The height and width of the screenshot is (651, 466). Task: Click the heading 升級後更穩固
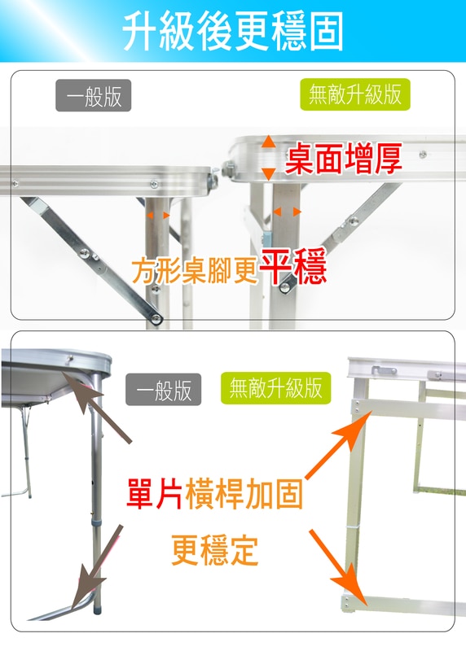pyautogui.click(x=233, y=32)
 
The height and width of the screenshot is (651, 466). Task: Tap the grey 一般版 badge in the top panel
pyautogui.click(x=94, y=95)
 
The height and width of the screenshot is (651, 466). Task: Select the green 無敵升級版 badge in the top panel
pyautogui.click(x=355, y=94)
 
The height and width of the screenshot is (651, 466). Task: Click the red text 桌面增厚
pyautogui.click(x=343, y=158)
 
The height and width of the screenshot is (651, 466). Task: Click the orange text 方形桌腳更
pyautogui.click(x=195, y=271)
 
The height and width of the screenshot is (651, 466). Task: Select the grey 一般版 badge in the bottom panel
pyautogui.click(x=164, y=390)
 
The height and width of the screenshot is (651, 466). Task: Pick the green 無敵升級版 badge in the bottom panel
pyautogui.click(x=275, y=388)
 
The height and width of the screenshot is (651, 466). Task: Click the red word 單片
pyautogui.click(x=155, y=494)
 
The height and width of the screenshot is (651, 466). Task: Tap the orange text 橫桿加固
pyautogui.click(x=244, y=494)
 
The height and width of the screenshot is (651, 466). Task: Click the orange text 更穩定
pyautogui.click(x=214, y=550)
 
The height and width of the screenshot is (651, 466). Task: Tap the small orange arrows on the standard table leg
pyautogui.click(x=158, y=215)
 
